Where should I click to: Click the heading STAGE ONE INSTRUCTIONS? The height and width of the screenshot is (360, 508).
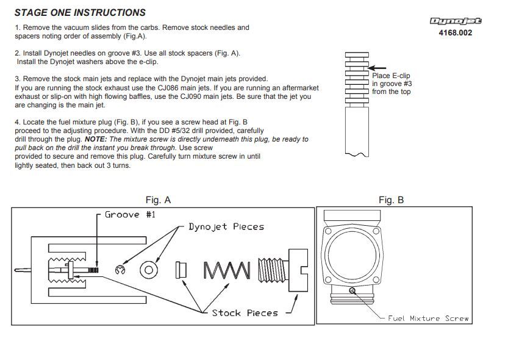point(80,12)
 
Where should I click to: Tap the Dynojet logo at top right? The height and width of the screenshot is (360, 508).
point(456,21)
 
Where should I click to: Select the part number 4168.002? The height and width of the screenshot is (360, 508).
point(456,32)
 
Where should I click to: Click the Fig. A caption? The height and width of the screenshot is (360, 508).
point(158,200)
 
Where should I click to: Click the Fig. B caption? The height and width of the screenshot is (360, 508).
point(391,200)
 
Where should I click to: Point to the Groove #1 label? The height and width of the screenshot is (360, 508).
point(130,215)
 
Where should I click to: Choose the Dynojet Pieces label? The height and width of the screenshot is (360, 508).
point(226,226)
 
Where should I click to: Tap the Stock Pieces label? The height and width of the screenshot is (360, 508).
point(245,313)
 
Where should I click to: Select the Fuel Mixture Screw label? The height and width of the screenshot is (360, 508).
point(429,318)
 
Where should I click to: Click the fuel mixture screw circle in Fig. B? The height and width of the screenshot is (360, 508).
point(352,290)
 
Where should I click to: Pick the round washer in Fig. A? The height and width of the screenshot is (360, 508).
point(149,270)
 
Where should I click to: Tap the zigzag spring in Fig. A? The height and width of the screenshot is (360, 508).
point(226,270)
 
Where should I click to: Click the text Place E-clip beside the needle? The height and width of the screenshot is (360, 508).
point(391,76)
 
